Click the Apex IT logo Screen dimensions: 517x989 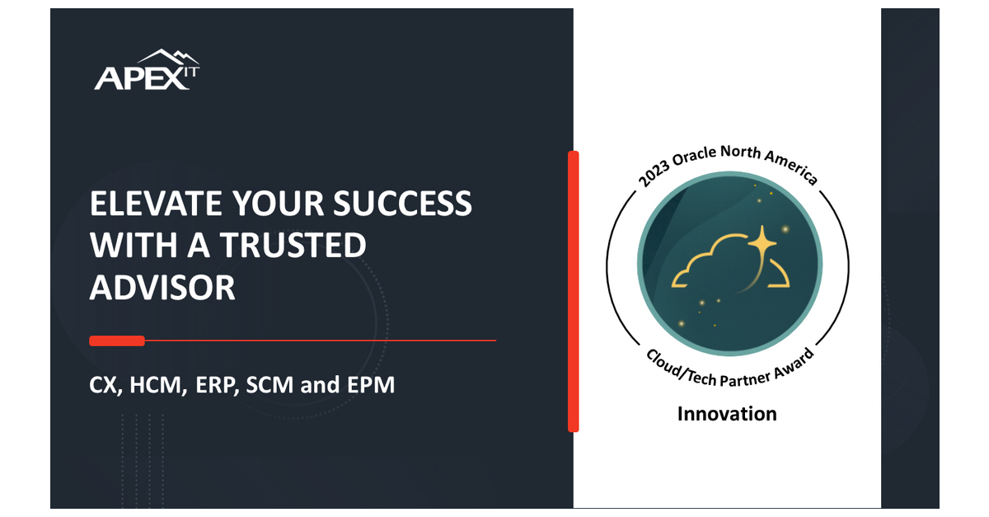pyautogui.click(x=147, y=71)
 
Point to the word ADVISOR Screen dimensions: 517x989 pyautogui.click(x=162, y=288)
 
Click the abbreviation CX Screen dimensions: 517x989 pyautogui.click(x=106, y=385)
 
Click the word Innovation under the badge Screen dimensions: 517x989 pyautogui.click(x=727, y=413)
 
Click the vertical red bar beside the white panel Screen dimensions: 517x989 pyautogui.click(x=574, y=291)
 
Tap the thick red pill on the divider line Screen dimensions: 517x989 pyautogui.click(x=117, y=341)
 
